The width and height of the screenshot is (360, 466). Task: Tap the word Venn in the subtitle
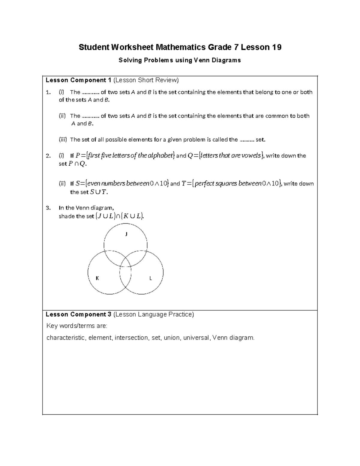[x=202, y=60]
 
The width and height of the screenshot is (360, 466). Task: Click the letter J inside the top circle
[x=126, y=234]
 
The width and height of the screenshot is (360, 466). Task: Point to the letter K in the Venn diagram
[x=97, y=278]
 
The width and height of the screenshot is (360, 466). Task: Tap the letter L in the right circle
[x=151, y=278]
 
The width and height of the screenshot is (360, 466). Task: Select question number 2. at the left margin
[x=48, y=156]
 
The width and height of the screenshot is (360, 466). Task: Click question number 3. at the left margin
[x=48, y=208]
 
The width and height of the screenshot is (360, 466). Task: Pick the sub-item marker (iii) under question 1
[x=63, y=140]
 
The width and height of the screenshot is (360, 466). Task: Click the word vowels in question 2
[x=251, y=155]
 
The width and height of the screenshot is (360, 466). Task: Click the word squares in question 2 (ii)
[x=226, y=183]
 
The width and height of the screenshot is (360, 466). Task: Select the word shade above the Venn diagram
[x=66, y=216]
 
